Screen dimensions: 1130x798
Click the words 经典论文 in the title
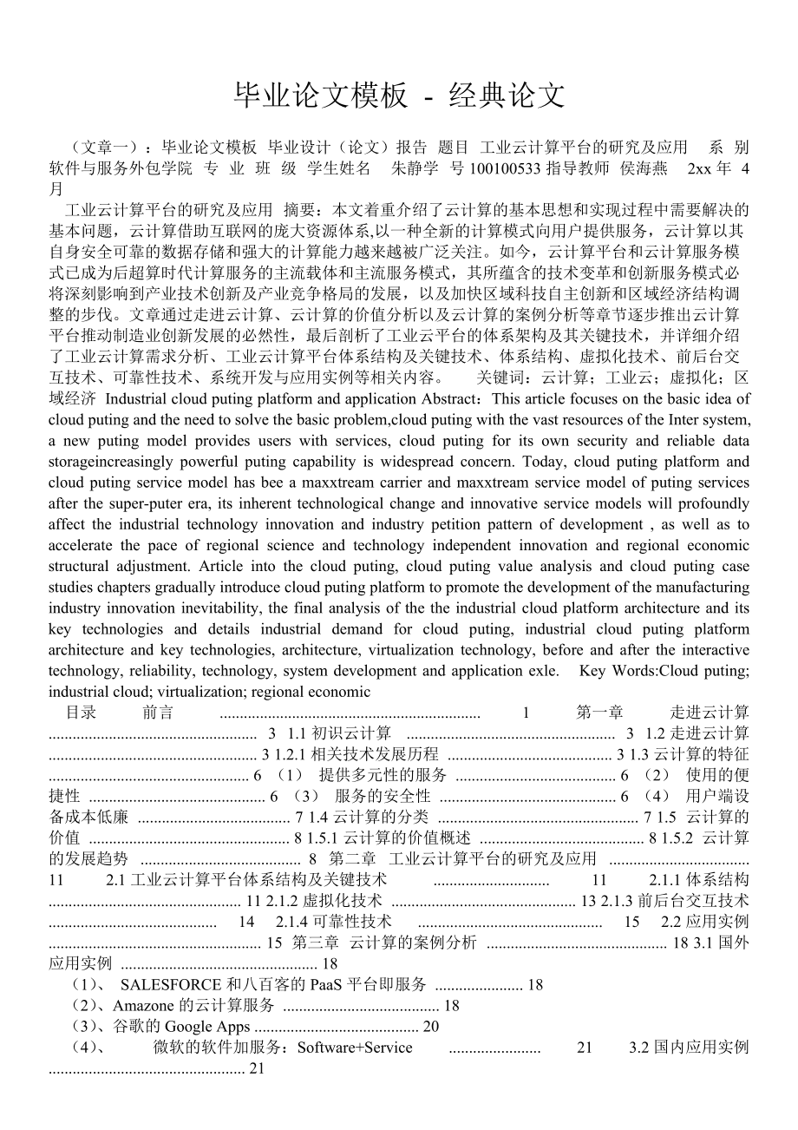tap(507, 95)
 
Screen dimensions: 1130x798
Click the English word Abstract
tap(448, 398)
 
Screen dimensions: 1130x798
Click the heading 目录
tap(82, 713)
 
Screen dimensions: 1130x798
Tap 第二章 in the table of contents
tap(352, 858)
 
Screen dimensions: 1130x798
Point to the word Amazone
tap(142, 1005)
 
